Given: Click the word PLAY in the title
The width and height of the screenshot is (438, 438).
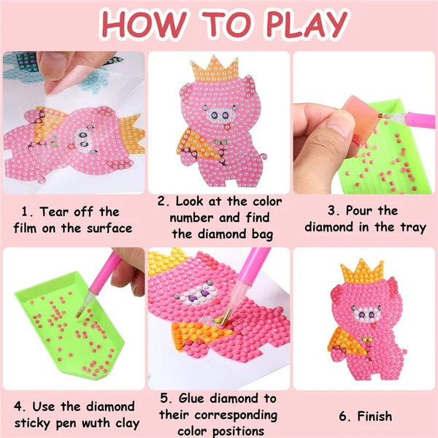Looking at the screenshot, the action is [x=307, y=24].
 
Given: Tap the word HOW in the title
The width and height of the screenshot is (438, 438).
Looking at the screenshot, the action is [x=144, y=24].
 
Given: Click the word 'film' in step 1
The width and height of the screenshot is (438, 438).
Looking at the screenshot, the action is [x=25, y=228].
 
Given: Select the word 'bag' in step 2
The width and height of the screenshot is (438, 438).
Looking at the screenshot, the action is [x=262, y=234].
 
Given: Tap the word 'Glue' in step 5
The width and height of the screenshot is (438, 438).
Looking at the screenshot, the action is [x=191, y=399].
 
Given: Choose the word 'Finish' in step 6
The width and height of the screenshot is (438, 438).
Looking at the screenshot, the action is [x=374, y=416].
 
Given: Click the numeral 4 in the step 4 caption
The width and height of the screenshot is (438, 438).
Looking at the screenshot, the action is [x=18, y=407].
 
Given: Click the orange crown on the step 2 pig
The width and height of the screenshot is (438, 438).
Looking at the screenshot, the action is [x=215, y=69].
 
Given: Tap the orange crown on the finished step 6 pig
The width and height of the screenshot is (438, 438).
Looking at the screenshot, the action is [x=362, y=272].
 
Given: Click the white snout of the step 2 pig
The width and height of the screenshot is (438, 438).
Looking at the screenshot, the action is [x=220, y=115].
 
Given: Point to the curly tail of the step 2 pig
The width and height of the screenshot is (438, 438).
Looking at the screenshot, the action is [x=263, y=157].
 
